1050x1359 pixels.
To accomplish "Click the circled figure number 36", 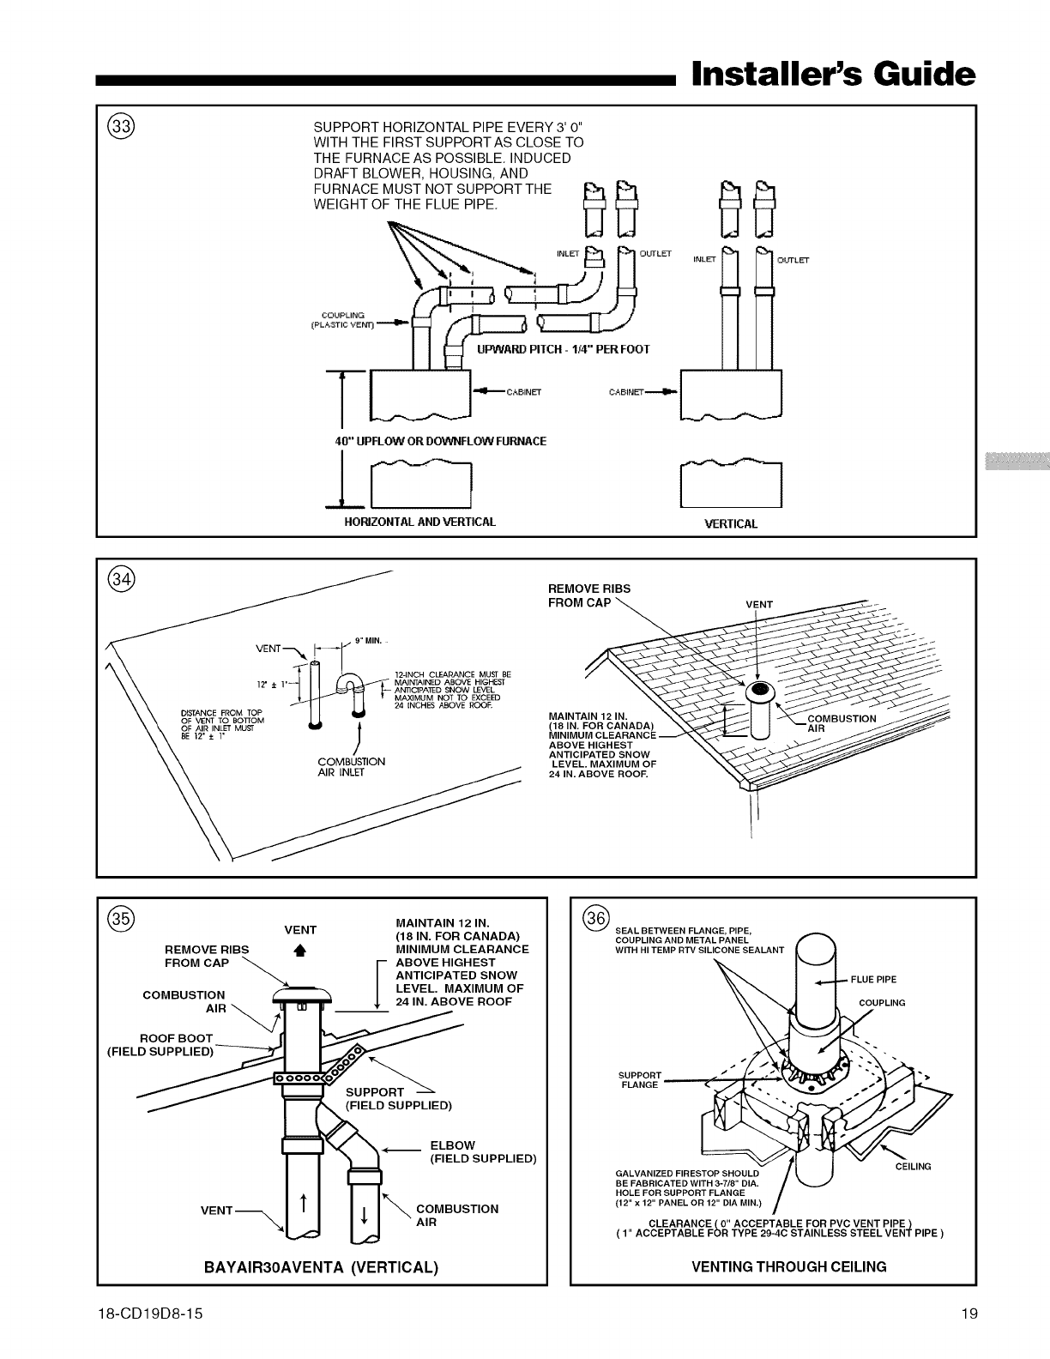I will tap(594, 917).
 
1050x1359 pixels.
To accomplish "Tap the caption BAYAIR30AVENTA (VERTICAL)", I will tap(322, 1266).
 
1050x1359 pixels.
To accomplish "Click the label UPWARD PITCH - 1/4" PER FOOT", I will tap(563, 349).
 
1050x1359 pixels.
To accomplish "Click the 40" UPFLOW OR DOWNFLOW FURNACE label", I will tap(440, 441).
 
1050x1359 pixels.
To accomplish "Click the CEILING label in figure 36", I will tap(913, 1167).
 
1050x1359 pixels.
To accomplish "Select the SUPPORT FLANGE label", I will tap(639, 1079).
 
